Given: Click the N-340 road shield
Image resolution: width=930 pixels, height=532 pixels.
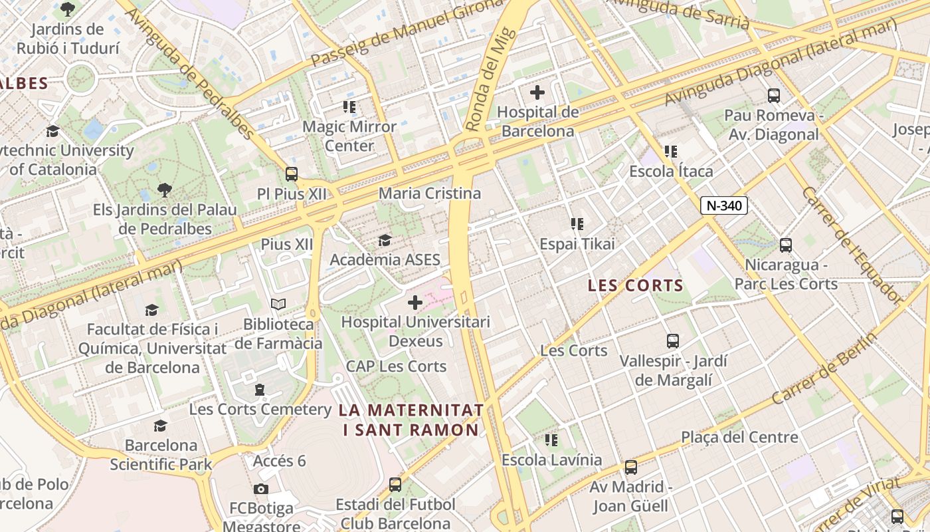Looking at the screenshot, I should [724, 205].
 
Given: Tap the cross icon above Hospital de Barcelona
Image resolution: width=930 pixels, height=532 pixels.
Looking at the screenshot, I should [537, 92].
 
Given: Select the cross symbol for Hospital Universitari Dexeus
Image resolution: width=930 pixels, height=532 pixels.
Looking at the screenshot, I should [415, 303].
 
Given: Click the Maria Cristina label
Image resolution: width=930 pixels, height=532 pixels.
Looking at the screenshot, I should [430, 194].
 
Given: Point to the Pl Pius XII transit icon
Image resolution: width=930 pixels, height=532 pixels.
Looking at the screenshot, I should [292, 174].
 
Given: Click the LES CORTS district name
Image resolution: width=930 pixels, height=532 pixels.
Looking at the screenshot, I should [636, 286].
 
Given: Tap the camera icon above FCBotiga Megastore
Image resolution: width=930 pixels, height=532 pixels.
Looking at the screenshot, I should [261, 489].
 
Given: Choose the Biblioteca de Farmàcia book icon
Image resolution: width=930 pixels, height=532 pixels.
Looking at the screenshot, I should [278, 305].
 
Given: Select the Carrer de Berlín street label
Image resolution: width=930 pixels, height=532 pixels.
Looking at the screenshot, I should [824, 368].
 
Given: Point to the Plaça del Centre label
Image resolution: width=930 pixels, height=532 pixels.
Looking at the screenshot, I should [739, 438].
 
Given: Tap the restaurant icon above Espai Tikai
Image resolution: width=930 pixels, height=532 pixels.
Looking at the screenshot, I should [577, 224].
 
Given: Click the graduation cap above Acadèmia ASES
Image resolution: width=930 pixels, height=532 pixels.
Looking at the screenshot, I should [385, 240].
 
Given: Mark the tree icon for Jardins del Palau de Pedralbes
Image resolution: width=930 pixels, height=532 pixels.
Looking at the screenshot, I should [165, 191].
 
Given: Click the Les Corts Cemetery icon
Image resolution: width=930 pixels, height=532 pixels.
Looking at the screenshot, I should [260, 389].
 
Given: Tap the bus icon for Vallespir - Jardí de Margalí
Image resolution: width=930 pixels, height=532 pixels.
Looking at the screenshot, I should [673, 341].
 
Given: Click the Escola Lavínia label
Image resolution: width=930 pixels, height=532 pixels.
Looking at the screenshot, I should [551, 460].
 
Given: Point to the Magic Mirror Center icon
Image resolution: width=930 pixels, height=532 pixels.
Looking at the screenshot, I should [349, 106].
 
